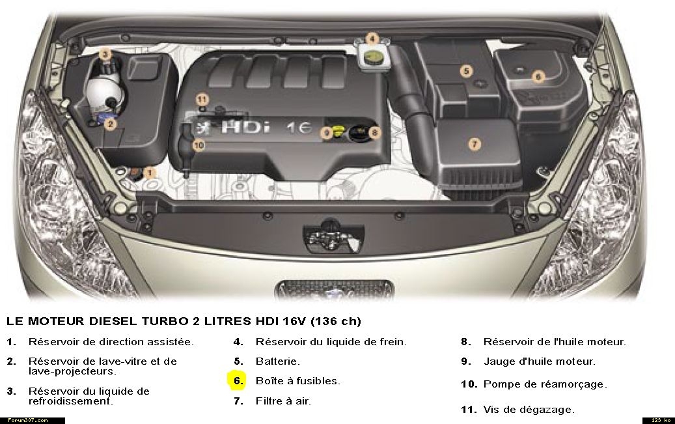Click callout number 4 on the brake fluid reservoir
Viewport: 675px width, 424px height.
point(372,39)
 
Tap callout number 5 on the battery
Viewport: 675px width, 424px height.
point(466,70)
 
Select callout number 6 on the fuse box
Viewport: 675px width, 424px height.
point(538,77)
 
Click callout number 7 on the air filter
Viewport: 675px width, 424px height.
point(475,144)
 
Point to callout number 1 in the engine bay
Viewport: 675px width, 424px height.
point(149,173)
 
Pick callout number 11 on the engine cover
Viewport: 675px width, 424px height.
point(202,100)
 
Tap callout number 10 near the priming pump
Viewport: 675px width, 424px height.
point(199,146)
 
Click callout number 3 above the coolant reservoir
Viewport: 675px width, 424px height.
point(105,55)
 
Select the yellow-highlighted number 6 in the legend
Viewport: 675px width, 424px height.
point(237,381)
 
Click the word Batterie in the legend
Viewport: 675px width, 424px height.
point(278,361)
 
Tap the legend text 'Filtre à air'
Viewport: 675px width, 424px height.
point(283,401)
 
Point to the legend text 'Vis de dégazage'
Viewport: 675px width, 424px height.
point(529,410)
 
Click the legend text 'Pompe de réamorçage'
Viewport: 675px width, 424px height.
point(545,384)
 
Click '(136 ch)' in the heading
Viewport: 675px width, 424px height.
point(335,321)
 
